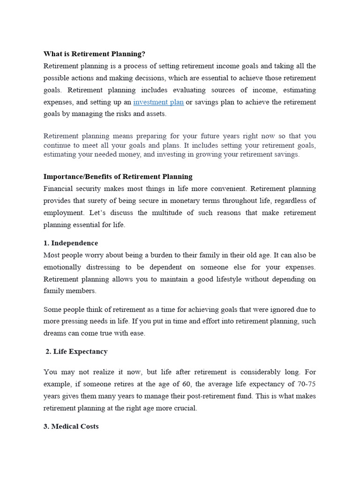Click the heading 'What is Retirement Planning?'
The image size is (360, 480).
point(94,54)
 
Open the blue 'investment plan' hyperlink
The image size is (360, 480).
point(158,102)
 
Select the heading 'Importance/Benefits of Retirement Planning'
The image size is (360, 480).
point(118,177)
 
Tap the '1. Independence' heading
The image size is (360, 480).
point(71,243)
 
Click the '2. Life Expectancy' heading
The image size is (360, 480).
point(76,351)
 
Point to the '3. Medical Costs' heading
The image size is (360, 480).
point(71,427)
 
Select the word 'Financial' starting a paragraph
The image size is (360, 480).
point(59,189)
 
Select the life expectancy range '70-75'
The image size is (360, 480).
point(307,384)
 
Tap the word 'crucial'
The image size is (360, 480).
point(185,408)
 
